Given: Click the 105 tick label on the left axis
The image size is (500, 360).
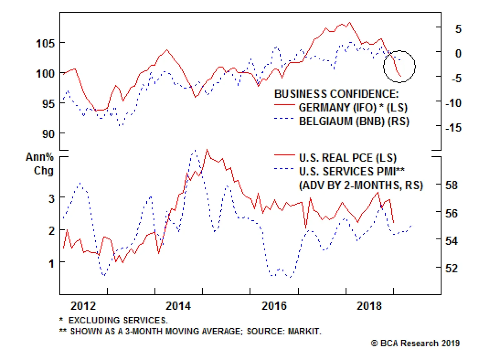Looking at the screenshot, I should pyautogui.click(x=45, y=43).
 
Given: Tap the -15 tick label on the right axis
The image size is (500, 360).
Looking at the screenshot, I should pyautogui.click(x=453, y=127).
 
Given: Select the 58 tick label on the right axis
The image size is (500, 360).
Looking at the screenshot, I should pyautogui.click(x=451, y=185).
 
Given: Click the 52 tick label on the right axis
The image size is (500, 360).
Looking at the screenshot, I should pyautogui.click(x=451, y=268).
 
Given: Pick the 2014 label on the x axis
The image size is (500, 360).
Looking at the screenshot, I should pyautogui.click(x=178, y=306).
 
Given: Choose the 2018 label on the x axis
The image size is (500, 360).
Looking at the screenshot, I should pyautogui.click(x=369, y=306).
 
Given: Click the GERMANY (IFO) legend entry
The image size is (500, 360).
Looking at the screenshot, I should pyautogui.click(x=353, y=107).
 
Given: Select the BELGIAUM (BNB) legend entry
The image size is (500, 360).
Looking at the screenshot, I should pyautogui.click(x=354, y=121).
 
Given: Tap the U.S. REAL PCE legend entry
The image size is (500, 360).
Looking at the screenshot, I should pyautogui.click(x=347, y=158).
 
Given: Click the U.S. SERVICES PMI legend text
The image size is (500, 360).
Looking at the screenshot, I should pyautogui.click(x=352, y=172).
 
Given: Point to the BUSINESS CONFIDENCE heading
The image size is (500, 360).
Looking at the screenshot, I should pyautogui.click(x=336, y=94).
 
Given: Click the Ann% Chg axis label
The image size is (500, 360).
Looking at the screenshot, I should pyautogui.click(x=40, y=164).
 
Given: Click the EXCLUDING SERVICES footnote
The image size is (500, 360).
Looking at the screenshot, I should pyautogui.click(x=118, y=320).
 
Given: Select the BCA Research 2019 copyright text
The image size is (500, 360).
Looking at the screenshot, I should pyautogui.click(x=415, y=343).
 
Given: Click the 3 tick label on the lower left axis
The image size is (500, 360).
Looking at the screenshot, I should pyautogui.click(x=52, y=198).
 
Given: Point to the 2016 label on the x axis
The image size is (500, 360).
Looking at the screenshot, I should pyautogui.click(x=274, y=306).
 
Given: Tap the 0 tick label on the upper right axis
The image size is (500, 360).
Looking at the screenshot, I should pyautogui.click(x=458, y=53).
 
